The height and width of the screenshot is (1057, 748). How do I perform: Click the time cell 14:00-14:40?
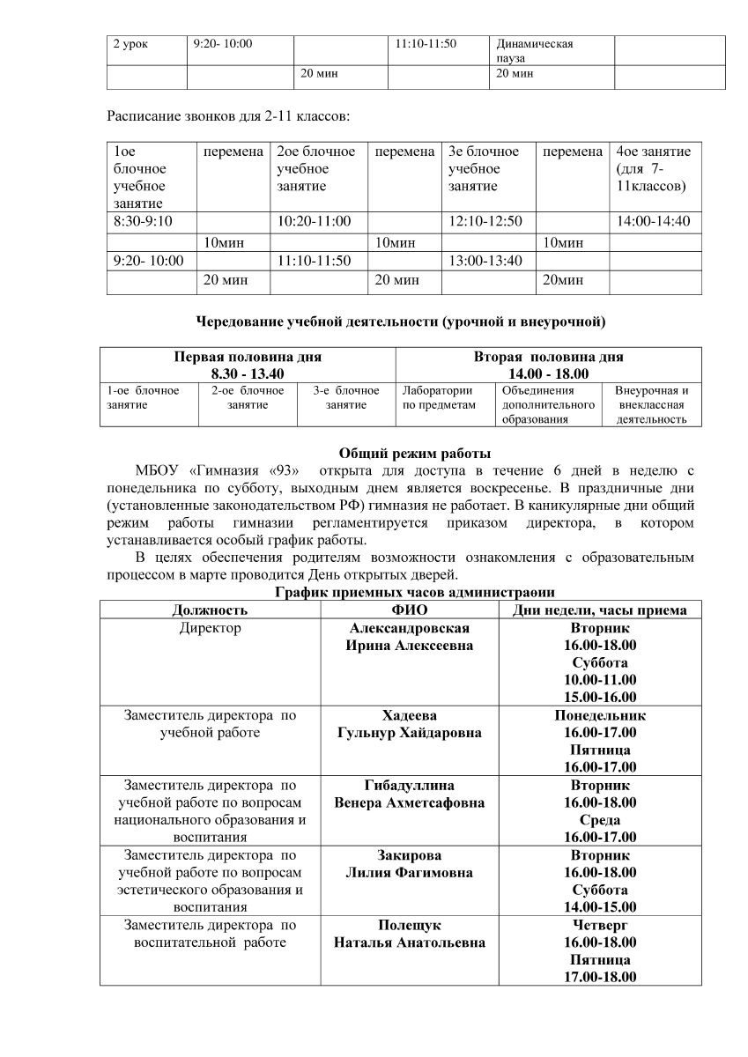653,221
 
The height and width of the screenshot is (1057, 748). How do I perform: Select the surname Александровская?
410,628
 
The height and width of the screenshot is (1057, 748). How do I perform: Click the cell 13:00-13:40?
485,261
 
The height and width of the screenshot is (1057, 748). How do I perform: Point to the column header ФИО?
409,610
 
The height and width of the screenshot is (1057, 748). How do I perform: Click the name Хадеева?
410,715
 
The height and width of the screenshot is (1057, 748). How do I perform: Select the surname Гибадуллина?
410,785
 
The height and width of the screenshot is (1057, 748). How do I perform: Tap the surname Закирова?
410,855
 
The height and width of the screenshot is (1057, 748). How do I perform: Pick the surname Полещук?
410,925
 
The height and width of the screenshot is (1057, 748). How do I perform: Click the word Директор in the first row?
210,628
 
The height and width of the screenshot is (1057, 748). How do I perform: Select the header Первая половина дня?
247,357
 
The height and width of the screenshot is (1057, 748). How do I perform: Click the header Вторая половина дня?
548,357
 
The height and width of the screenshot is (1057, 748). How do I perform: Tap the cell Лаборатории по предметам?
438,397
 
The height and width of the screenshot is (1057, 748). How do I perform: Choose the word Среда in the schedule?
599,820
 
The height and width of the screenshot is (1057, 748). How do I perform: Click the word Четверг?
599,925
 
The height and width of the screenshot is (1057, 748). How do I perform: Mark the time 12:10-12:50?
485,221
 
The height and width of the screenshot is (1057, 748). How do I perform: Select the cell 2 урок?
130,43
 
